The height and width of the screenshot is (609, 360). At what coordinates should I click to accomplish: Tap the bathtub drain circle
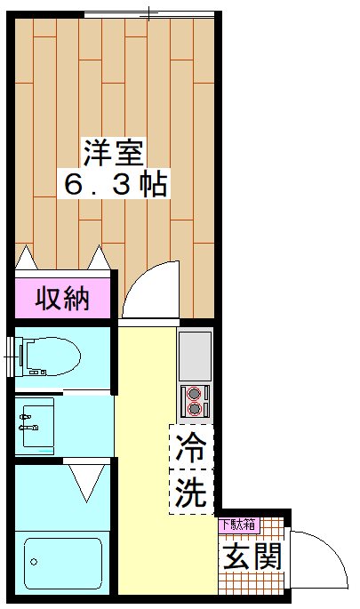tap(33, 563)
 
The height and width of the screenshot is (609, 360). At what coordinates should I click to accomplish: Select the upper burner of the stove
tap(194, 393)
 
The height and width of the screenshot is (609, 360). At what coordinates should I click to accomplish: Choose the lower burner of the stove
tap(194, 409)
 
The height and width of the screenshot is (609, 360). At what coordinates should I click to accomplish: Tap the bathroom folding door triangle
tap(88, 484)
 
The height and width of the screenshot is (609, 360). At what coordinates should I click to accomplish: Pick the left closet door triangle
tap(27, 259)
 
